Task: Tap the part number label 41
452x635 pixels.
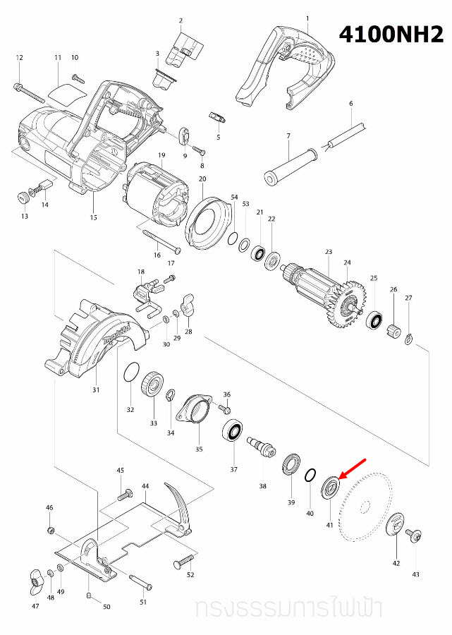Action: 329,525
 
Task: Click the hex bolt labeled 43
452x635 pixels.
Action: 415,537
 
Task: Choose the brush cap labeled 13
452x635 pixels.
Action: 22,195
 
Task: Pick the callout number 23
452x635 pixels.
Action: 328,252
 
